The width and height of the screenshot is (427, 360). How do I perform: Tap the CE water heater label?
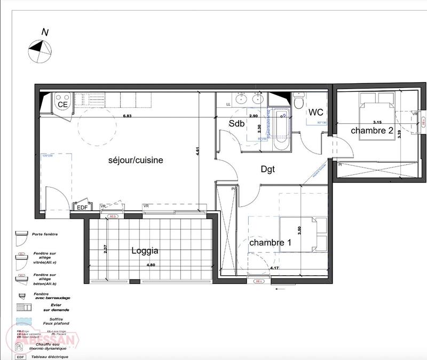coord(62,105)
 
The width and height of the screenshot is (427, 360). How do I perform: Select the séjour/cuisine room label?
coord(136,159)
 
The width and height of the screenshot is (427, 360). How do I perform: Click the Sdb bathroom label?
coord(236,123)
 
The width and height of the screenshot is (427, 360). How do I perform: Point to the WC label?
coord(315,112)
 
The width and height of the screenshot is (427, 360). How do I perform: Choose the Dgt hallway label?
coord(267,169)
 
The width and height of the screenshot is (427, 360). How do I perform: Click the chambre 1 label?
coord(271,243)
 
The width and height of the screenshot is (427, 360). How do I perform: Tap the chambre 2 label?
coord(372,130)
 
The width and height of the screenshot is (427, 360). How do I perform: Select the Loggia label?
coord(146,250)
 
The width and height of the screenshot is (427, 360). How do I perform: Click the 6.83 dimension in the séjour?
coord(127,116)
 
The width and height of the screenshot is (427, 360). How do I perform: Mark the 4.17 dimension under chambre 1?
coord(275,268)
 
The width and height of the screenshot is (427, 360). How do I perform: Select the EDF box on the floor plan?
coord(82,207)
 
